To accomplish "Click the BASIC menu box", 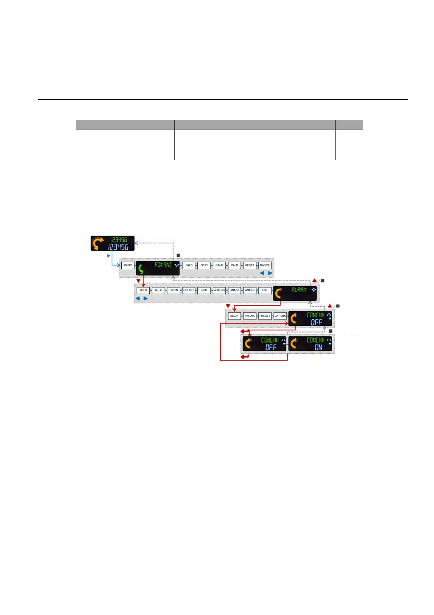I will coord(128,265).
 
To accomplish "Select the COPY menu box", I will coord(204,265).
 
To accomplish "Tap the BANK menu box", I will coord(219,265).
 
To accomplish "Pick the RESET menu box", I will coord(250,265).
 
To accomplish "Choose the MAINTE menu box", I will coord(265,265).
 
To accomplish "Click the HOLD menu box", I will coord(143,290).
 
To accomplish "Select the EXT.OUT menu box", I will coord(189,290).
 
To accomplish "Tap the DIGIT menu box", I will coord(204,290).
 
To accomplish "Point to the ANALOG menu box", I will coord(219,290).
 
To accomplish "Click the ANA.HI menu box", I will coord(234,290).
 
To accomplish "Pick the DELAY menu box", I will coord(234,316).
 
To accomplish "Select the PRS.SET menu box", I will coord(265,316).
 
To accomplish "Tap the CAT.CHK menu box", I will coord(280,316).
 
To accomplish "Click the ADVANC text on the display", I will coord(163,265).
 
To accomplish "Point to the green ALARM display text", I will coord(299,290).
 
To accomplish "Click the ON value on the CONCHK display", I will coord(318,347).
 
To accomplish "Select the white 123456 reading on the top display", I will coord(118,247).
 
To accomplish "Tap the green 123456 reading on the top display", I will coord(119,240).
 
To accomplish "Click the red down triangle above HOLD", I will coord(138,281).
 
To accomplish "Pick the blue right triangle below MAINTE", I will coord(270,273).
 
